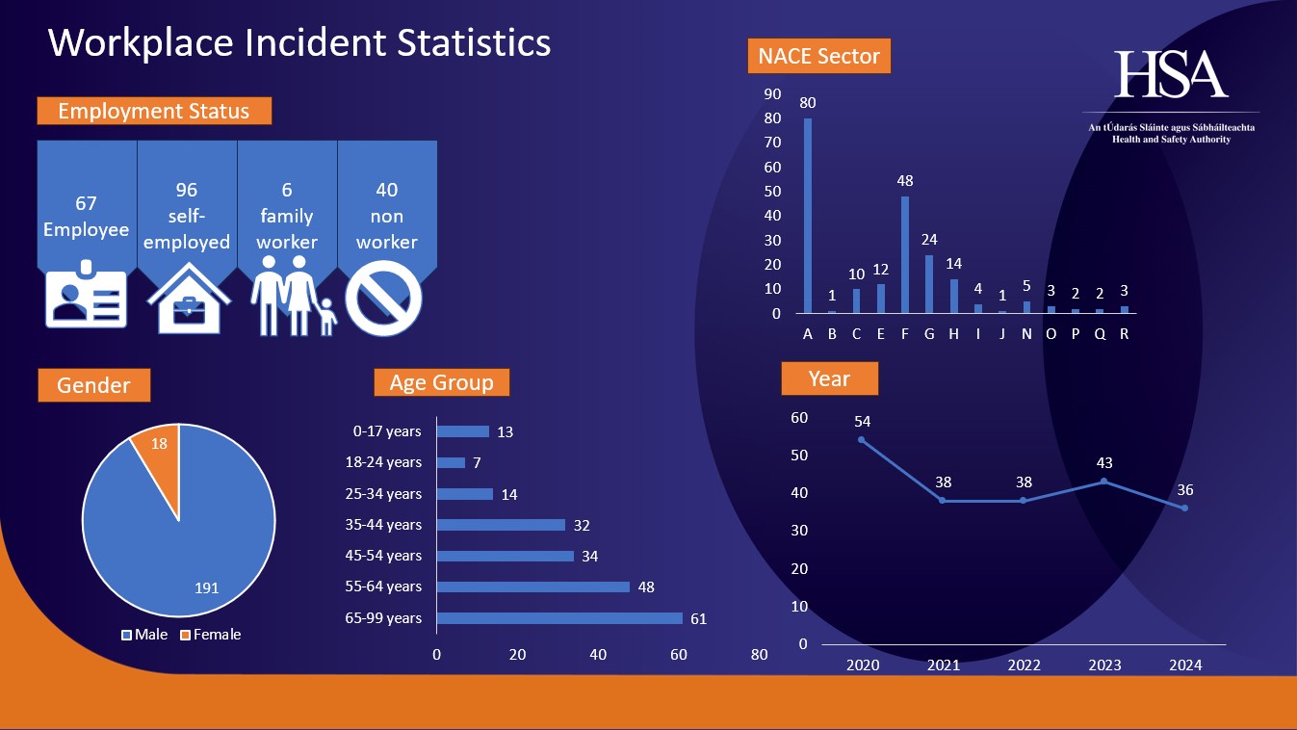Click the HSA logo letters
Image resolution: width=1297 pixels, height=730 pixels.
click(x=1171, y=74)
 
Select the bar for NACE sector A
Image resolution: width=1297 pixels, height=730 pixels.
click(x=808, y=216)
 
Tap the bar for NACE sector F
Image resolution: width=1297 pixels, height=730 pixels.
click(x=905, y=255)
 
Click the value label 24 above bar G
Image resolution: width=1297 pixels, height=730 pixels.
click(x=929, y=240)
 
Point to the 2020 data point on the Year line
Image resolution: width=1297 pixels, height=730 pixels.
click(x=861, y=439)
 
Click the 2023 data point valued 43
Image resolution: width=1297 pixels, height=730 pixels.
click(x=1103, y=481)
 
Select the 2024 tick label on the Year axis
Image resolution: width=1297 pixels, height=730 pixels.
click(x=1184, y=665)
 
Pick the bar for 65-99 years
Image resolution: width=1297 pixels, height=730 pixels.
click(x=559, y=618)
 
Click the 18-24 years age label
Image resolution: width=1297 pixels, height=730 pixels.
click(x=383, y=462)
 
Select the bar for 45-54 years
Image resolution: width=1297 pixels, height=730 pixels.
click(x=505, y=556)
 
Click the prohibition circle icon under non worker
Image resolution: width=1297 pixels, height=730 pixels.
click(x=383, y=299)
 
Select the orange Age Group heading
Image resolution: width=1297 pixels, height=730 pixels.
click(x=441, y=382)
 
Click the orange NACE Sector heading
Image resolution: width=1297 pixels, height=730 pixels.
click(x=818, y=56)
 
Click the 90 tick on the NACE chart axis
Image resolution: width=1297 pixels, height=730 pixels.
click(x=772, y=94)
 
